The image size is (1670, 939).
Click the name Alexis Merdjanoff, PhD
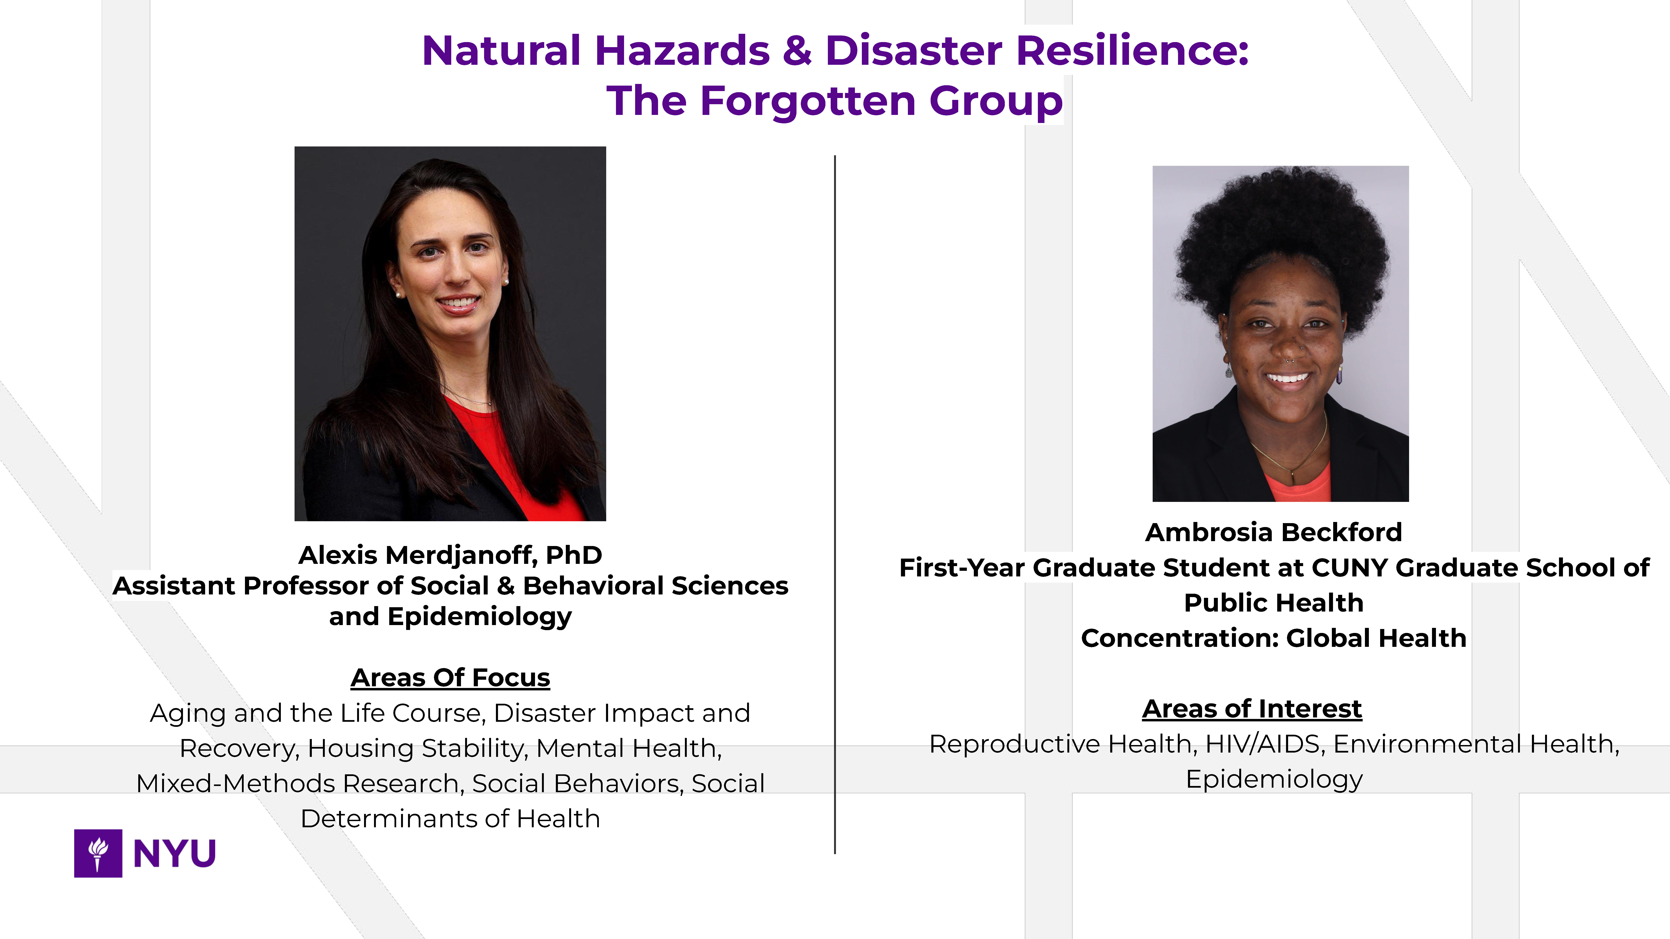click(x=450, y=555)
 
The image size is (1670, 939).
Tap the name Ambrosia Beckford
click(x=1273, y=532)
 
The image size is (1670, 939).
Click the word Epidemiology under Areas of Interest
click(x=1274, y=780)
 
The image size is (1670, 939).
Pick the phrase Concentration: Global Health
click(x=1273, y=638)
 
